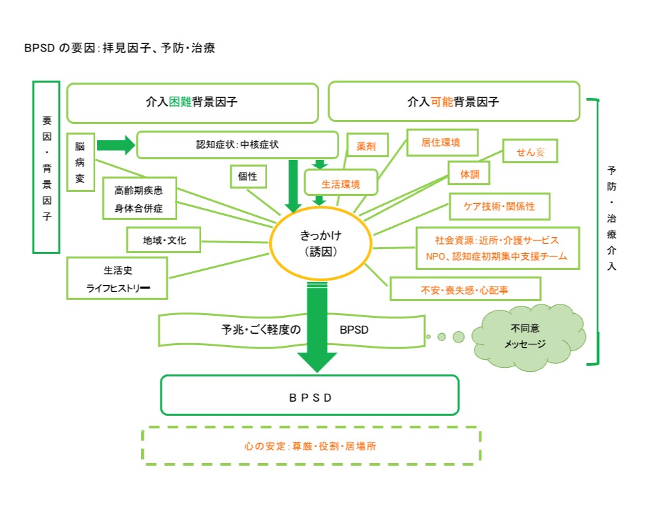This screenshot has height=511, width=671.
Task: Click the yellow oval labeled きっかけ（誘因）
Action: click(x=322, y=243)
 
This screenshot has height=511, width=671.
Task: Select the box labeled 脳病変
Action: click(x=81, y=162)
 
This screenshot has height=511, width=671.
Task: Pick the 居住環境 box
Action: click(x=442, y=142)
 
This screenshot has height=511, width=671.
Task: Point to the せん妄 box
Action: click(x=529, y=152)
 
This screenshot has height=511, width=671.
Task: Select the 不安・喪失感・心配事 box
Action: click(x=465, y=289)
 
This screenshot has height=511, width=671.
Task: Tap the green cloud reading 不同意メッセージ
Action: click(x=529, y=335)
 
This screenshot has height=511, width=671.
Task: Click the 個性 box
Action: click(x=248, y=177)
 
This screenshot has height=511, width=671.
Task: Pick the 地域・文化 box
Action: click(x=163, y=240)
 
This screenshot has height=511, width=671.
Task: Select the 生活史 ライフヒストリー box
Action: click(x=117, y=278)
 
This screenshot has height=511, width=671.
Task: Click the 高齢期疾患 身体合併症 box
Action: click(x=140, y=199)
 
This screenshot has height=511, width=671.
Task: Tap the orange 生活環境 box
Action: click(x=341, y=182)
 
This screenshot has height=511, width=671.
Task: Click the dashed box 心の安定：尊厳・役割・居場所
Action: click(x=311, y=446)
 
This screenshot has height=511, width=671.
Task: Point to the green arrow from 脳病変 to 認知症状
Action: click(x=114, y=145)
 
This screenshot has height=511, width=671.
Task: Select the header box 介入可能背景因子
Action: click(x=453, y=102)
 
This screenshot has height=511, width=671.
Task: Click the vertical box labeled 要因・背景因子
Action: click(x=46, y=167)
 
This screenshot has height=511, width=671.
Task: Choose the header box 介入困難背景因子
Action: click(x=192, y=103)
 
